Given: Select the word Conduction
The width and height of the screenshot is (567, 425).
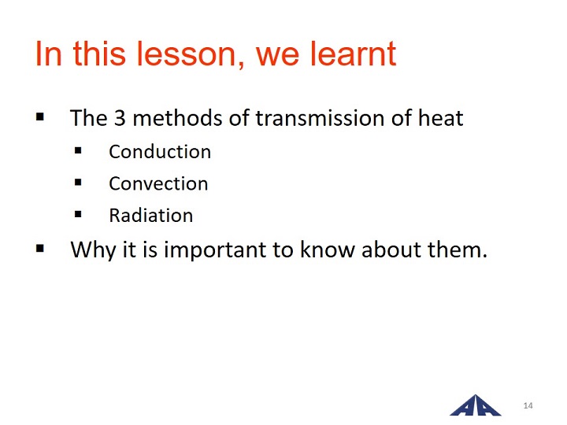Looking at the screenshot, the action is click(160, 151).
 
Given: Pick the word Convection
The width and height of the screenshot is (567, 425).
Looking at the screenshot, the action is click(158, 183).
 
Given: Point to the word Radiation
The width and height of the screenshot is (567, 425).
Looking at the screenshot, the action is click(150, 216).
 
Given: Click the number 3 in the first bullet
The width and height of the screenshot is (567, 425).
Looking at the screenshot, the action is click(120, 118).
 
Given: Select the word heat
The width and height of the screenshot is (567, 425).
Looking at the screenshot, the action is click(440, 118).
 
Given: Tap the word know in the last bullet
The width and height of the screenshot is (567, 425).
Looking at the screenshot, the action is click(328, 249).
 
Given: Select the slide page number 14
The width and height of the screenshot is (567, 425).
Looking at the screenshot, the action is click(528, 405).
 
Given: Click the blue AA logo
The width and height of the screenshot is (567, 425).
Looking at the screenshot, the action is click(475, 405).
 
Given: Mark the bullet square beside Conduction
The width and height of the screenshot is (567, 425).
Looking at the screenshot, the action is click(78, 150).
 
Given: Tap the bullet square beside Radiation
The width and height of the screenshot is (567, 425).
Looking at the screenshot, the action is click(78, 214).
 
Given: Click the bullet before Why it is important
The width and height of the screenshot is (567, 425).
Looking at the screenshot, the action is click(40, 249).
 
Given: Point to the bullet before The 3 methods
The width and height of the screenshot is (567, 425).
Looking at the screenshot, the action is click(40, 116).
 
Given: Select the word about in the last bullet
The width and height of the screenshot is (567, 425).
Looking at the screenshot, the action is click(391, 249).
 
